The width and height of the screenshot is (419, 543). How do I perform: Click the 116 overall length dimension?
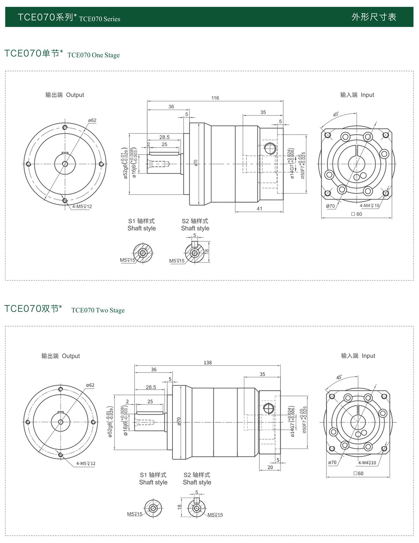coord(215,98)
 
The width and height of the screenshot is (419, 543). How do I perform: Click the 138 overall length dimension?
coord(208,363)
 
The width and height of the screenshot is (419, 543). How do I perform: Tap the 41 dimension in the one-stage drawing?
coord(259,209)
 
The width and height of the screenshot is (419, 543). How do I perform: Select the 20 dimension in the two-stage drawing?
coord(270,467)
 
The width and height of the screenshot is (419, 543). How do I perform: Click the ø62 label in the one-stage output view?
coord(92,120)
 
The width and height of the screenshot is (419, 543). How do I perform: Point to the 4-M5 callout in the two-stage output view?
coord(86,464)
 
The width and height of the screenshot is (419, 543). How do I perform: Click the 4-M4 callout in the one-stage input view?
coord(369,206)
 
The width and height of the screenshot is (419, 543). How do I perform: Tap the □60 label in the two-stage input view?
coord(359,473)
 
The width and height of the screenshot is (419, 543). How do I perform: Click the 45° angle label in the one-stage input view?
coord(336,114)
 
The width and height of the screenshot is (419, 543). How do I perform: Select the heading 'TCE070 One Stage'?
coord(93,55)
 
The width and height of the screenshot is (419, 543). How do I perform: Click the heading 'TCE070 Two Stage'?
coord(98,310)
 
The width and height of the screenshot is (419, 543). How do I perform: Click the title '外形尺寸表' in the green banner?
coord(374,17)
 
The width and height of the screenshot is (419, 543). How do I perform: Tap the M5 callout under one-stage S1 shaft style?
coord(127,260)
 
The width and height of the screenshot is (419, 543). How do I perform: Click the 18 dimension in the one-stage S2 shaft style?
coord(207,251)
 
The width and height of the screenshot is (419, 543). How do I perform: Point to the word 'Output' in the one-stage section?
coord(75,95)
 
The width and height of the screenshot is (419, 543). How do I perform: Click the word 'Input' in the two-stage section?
coord(368,356)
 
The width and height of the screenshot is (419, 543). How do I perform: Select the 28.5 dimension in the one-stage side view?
coord(164,137)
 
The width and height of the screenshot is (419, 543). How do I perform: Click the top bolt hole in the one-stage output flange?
coord(65,127)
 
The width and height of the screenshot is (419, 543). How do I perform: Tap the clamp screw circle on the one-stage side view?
coord(270,148)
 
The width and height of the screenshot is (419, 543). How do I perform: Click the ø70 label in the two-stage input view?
coord(332,463)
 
